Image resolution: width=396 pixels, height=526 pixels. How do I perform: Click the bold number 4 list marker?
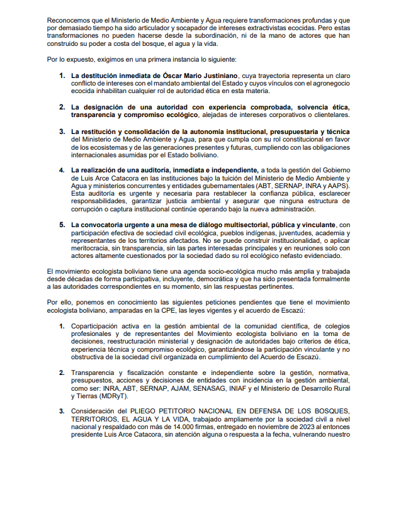pos(62,170)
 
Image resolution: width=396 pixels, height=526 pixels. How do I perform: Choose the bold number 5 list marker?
pos(62,225)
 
